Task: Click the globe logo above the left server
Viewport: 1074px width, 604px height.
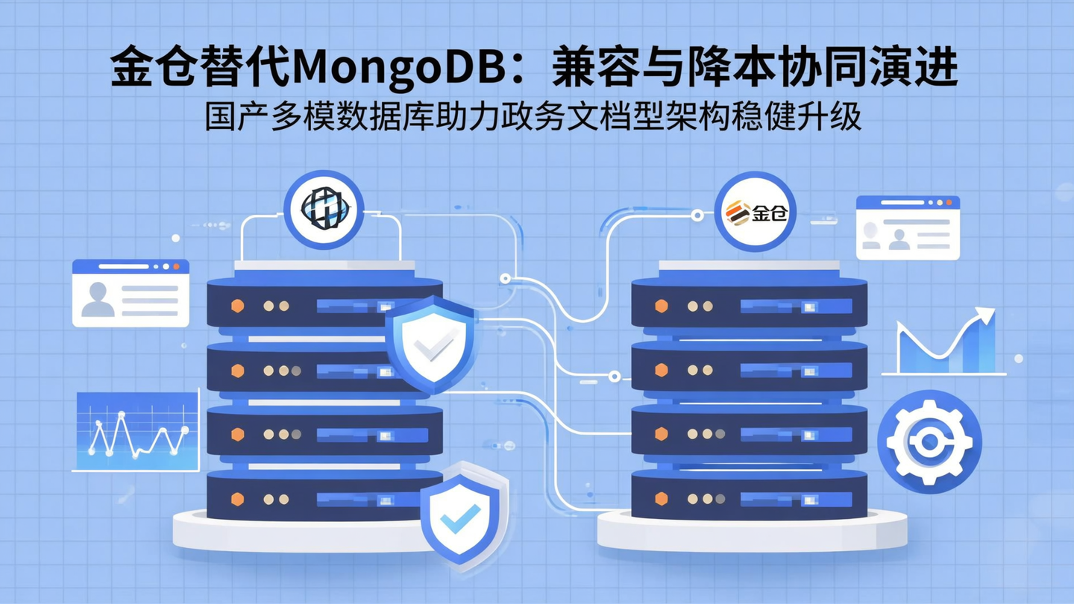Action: click(x=324, y=209)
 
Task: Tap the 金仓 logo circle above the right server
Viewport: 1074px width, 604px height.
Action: click(x=755, y=212)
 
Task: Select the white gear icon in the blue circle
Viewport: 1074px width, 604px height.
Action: click(x=929, y=442)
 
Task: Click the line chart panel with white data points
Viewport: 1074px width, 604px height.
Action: click(x=137, y=430)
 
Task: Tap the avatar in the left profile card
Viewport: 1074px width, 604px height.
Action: click(x=98, y=299)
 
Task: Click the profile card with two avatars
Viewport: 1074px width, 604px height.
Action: click(x=907, y=227)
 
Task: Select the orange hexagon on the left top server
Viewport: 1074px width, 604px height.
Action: click(x=238, y=306)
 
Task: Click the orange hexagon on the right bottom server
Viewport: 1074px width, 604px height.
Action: click(x=661, y=499)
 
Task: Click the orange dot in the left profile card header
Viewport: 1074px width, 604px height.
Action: click(x=176, y=266)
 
